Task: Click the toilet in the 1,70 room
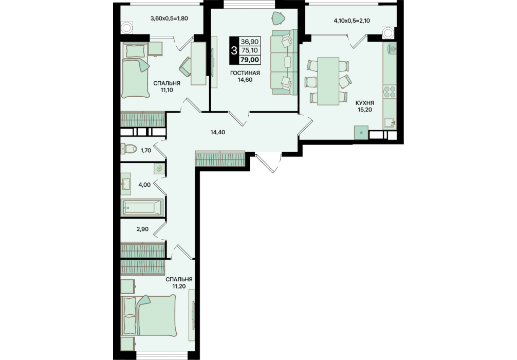click(128, 149)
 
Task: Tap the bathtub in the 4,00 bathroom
click(142, 207)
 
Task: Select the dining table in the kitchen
click(328, 81)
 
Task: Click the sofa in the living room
click(284, 62)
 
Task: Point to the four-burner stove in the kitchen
click(390, 92)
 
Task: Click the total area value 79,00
click(250, 60)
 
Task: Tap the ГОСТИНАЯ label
click(245, 73)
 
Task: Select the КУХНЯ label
click(365, 103)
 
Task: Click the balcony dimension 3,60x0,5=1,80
click(169, 19)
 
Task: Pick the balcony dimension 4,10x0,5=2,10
click(352, 21)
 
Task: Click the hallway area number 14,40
click(217, 132)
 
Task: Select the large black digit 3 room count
click(234, 51)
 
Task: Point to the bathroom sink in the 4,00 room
click(126, 184)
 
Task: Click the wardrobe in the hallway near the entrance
click(220, 158)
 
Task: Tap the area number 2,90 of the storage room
click(142, 229)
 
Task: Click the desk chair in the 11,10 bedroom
click(186, 66)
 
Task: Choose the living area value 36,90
click(250, 42)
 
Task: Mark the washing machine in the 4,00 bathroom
click(159, 169)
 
